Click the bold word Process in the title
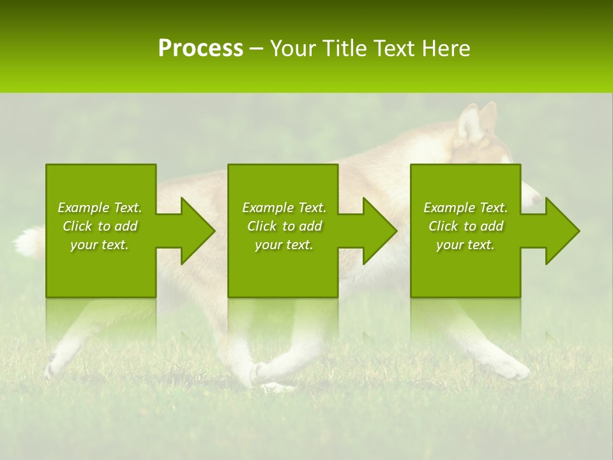click(x=201, y=48)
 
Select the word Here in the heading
click(x=445, y=48)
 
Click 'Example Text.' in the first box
click(x=100, y=208)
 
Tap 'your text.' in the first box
click(x=100, y=245)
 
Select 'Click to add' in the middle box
click(x=284, y=226)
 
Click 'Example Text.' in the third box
click(x=465, y=208)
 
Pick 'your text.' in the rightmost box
click(x=465, y=245)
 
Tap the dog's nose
click(x=536, y=200)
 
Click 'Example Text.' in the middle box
click(x=284, y=208)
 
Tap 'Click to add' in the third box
click(x=465, y=226)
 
